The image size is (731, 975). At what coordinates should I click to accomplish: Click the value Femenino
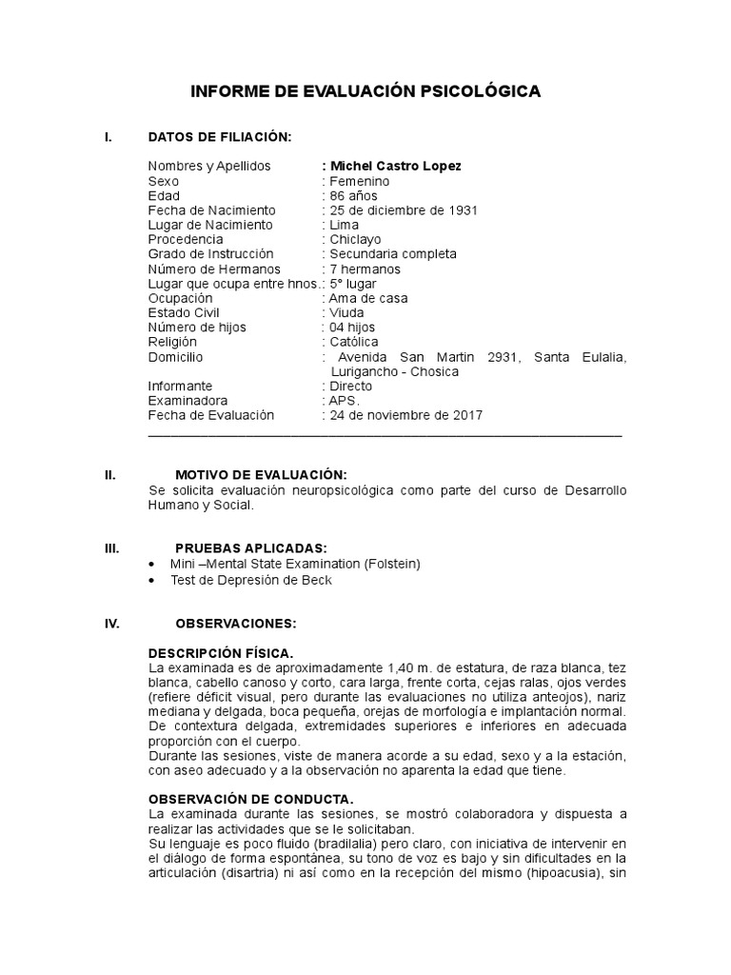click(x=359, y=181)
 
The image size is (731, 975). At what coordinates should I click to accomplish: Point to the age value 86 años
click(x=352, y=196)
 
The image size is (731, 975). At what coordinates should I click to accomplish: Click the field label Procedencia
click(x=186, y=240)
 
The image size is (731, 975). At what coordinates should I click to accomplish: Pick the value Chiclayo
click(x=354, y=240)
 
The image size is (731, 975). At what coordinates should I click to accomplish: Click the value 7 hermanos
click(x=366, y=269)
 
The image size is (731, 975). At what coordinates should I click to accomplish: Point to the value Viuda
click(x=347, y=313)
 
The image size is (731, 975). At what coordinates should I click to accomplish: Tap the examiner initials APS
click(x=346, y=401)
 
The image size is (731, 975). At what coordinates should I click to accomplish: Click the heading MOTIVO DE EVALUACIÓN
click(x=261, y=475)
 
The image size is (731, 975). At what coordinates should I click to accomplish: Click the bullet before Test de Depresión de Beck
click(x=153, y=580)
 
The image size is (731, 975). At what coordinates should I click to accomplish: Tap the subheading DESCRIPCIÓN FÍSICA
click(x=220, y=652)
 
